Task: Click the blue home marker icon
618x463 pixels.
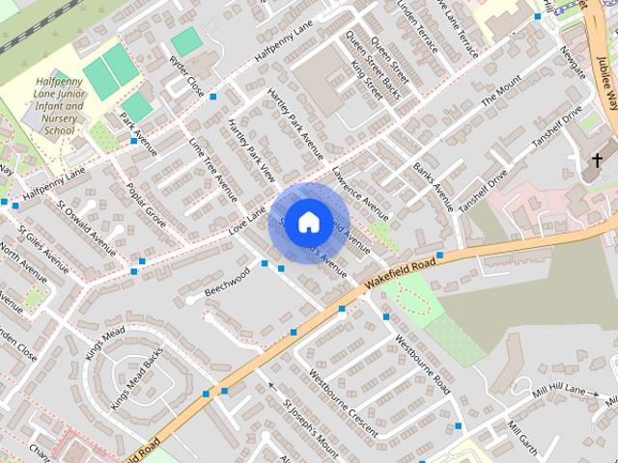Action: point(308,223)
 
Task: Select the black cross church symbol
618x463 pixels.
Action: point(597,159)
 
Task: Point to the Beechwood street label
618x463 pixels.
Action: point(227,282)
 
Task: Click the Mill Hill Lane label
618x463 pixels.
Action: point(561,390)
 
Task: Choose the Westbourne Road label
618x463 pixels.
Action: point(423,363)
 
